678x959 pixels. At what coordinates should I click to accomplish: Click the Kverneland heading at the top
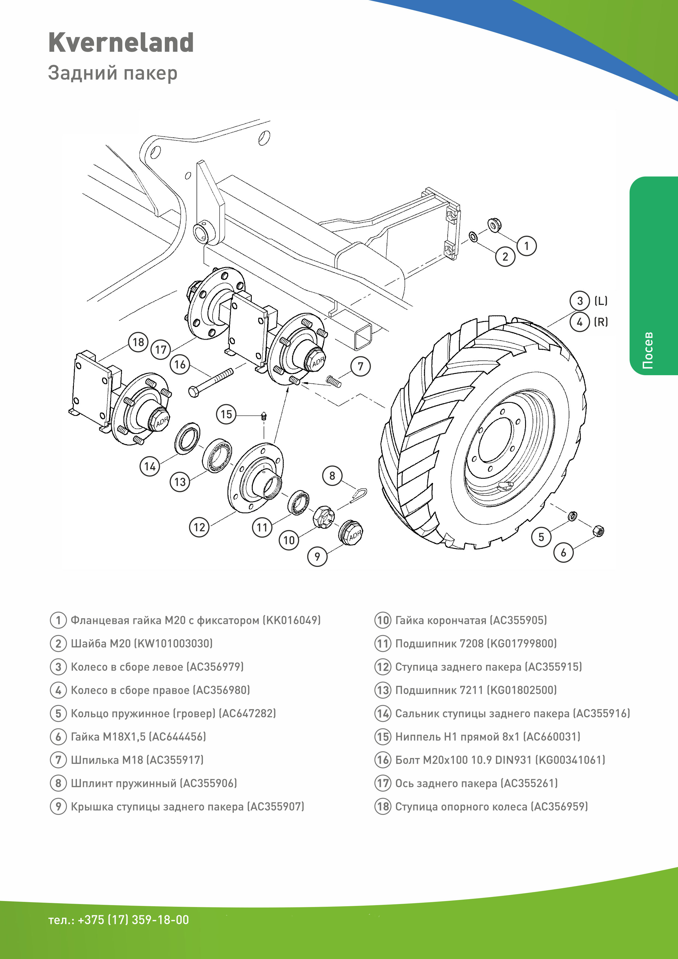[x=121, y=43]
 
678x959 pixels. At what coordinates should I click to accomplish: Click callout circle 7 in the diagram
[x=361, y=366]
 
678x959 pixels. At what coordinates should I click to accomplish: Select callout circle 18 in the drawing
[x=138, y=342]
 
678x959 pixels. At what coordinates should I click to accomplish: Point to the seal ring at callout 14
[x=187, y=438]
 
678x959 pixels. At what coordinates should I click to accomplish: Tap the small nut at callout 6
[x=598, y=531]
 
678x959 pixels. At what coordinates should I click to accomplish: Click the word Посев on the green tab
[x=648, y=351]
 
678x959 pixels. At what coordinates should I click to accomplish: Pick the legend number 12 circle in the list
[x=382, y=667]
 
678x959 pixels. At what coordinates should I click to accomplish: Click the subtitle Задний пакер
[x=113, y=73]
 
